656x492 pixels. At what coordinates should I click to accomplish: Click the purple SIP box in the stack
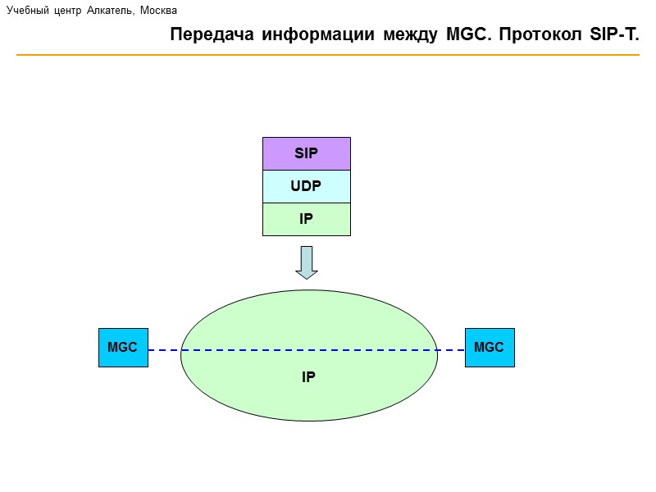pos(306,153)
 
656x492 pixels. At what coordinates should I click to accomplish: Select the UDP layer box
pos(306,186)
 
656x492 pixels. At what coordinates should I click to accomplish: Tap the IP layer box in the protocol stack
pos(306,219)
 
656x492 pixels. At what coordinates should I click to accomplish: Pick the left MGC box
pos(123,348)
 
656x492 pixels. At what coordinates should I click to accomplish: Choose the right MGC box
pos(490,348)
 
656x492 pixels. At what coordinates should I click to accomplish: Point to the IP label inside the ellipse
pos(308,377)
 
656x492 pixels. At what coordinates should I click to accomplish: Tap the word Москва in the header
pos(159,11)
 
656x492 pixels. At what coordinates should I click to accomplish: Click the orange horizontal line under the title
pos(328,55)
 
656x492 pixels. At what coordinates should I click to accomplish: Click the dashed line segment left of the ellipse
pos(164,350)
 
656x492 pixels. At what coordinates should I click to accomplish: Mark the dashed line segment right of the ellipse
pos(451,350)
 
